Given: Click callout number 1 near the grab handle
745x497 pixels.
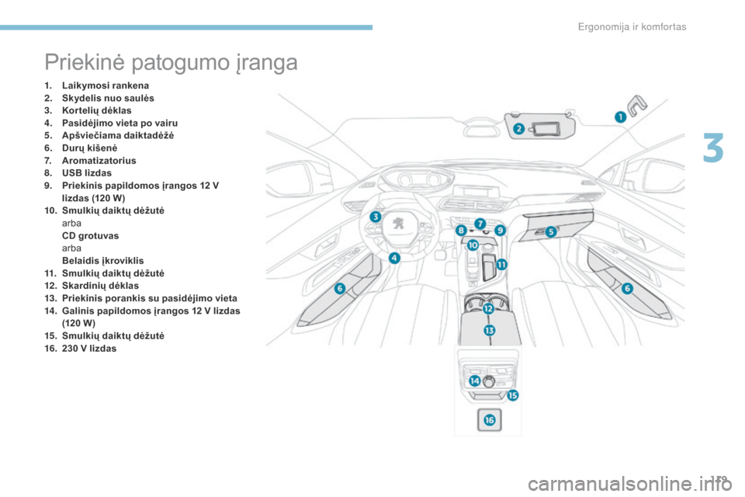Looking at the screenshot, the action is tap(621, 116).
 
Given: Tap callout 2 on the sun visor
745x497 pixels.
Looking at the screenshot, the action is tap(519, 128).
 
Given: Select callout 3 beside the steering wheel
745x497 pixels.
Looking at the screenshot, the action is tap(376, 217).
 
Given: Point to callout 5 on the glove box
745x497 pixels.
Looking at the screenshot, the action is tap(551, 231).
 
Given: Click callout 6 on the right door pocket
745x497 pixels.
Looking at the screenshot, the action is tap(627, 288).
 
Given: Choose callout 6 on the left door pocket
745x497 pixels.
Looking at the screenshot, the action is tap(340, 288).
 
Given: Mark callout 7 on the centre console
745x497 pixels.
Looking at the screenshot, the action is tap(480, 223).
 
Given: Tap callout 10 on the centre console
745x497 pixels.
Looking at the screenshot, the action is tap(473, 245).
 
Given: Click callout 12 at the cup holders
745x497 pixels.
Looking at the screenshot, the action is tap(488, 308).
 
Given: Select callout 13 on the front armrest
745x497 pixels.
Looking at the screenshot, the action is tap(490, 330).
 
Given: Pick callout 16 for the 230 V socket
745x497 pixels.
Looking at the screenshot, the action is tap(490, 420).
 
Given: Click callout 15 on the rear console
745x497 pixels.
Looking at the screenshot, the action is tap(513, 395).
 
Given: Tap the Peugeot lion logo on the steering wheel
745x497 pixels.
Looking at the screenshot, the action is tap(399, 222).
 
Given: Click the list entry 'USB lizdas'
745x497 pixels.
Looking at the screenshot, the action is tap(87, 173).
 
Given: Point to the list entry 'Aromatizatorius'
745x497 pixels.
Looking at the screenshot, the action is tap(99, 161).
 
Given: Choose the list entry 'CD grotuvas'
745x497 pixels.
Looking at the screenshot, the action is tap(90, 236).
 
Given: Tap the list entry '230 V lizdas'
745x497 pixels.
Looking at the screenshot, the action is tap(89, 349).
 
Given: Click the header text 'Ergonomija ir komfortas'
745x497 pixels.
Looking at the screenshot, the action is tap(632, 27).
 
